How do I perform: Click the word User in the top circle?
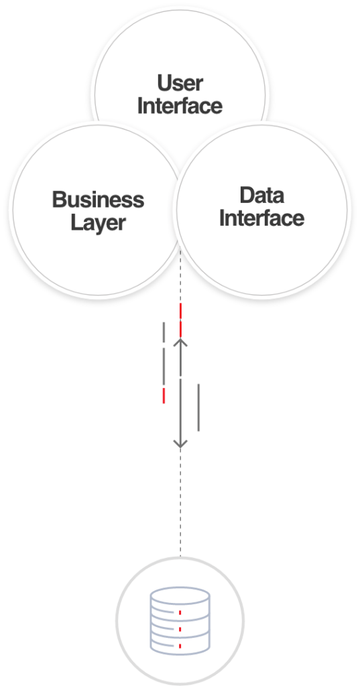180,82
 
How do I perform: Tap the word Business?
98,200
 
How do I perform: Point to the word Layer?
98,223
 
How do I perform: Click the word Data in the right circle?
262,196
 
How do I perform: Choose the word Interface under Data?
262,218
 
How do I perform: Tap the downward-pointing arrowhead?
180,443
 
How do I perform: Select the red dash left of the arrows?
164,395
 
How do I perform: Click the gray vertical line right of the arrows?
198,407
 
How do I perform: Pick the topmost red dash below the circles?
180,311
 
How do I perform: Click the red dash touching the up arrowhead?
180,329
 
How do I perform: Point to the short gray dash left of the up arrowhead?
164,332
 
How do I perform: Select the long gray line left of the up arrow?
164,366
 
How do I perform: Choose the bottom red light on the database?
180,646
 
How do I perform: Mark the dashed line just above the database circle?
180,502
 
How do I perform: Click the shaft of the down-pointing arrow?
180,411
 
